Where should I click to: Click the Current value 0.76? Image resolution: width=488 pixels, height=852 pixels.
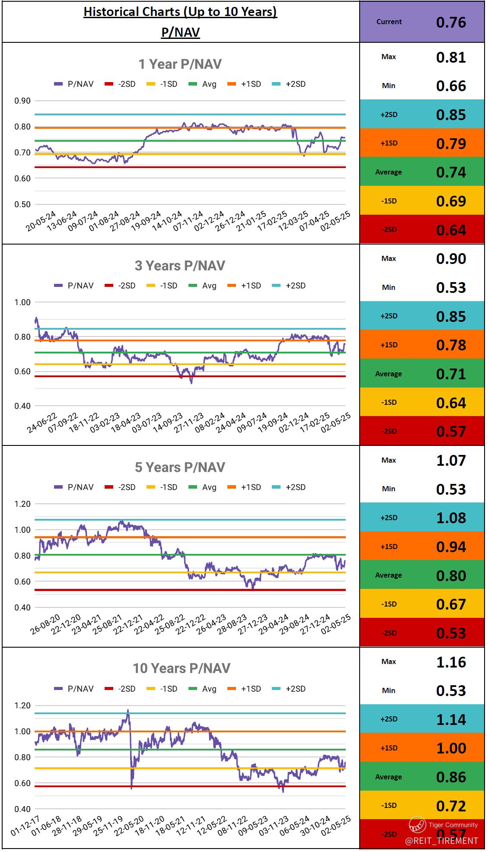pos(451,22)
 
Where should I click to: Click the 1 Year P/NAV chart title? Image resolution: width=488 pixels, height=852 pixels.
pos(180,64)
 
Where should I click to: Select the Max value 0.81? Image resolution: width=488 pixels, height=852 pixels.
pos(451,57)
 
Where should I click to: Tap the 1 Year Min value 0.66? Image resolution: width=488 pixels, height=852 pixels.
pos(451,86)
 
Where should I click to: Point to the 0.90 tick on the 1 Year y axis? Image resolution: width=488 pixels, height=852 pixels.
pos(22,101)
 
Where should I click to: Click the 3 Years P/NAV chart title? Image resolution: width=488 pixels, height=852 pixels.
pos(180,266)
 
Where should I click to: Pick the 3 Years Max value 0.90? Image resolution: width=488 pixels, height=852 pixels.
pos(451,259)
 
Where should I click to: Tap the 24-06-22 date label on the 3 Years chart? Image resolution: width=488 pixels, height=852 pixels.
pos(42,423)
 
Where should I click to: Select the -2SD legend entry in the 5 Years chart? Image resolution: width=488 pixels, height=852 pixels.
pos(121,487)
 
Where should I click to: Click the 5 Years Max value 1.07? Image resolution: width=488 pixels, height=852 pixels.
pos(451,461)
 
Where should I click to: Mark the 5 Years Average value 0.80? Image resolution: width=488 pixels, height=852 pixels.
pos(451,575)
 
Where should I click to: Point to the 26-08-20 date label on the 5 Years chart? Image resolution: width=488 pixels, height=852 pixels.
pos(45,625)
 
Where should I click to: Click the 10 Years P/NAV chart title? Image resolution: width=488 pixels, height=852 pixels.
pos(182,668)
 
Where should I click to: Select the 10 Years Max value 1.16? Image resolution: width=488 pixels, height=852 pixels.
pos(451,662)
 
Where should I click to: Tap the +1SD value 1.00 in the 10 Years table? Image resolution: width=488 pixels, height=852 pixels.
pos(451,748)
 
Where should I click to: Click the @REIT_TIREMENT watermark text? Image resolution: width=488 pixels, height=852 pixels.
pos(441,841)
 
